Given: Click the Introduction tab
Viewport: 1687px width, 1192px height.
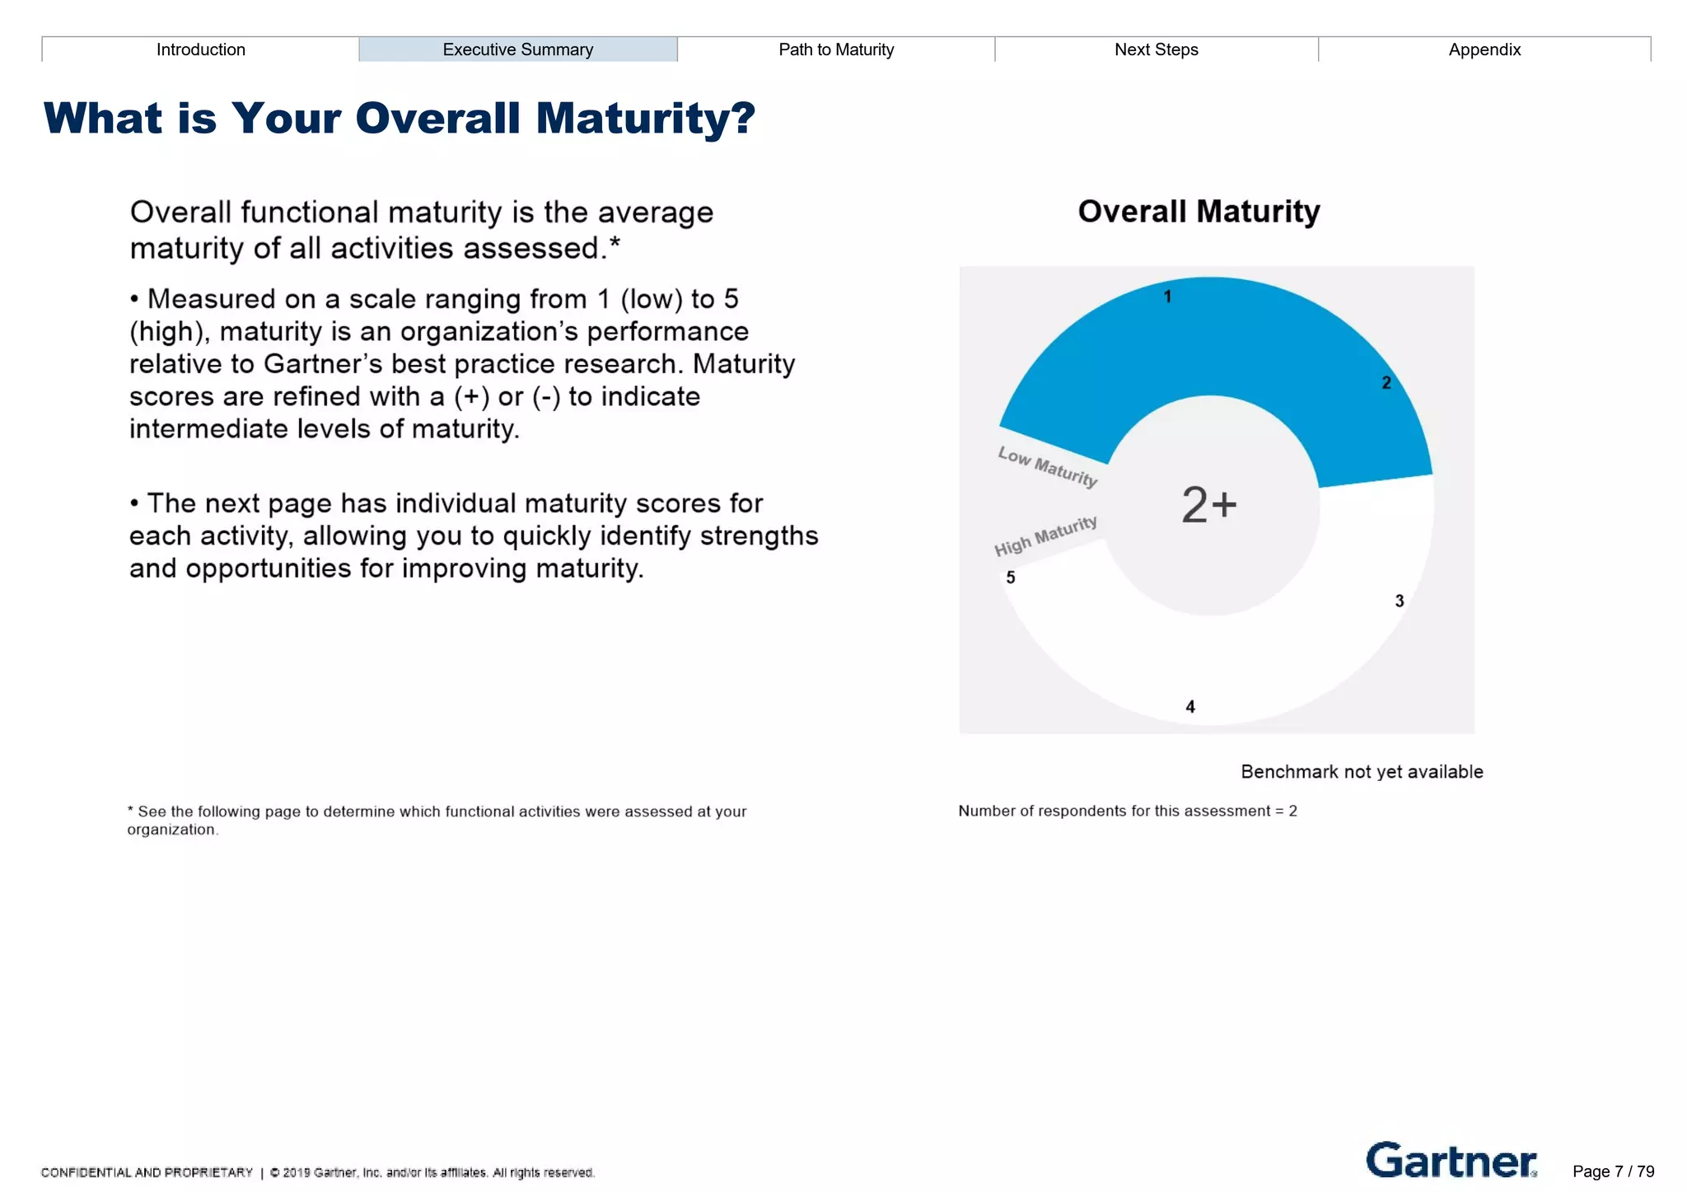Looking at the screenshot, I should point(200,49).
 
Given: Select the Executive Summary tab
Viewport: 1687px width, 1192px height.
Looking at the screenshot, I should point(517,49).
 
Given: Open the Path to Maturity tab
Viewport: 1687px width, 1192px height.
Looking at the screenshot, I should point(835,49).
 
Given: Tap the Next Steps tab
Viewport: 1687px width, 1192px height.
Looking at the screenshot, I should point(1156,49).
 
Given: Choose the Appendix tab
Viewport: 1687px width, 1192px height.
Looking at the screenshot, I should point(1484,49).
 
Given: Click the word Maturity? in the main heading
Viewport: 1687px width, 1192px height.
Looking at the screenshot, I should point(645,118).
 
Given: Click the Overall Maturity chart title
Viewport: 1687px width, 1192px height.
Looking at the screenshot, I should point(1198,212).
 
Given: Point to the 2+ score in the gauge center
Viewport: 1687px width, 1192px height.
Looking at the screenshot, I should point(1208,504).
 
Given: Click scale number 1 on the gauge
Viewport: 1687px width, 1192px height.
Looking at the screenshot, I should point(1167,297).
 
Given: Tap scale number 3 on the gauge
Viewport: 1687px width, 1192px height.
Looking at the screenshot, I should point(1399,601).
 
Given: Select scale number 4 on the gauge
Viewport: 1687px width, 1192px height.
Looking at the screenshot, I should point(1189,706).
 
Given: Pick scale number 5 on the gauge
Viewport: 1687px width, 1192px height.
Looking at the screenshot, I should point(1011,577).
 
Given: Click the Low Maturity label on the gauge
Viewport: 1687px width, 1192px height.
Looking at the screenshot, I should point(1047,466).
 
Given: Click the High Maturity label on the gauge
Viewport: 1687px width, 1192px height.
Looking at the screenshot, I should point(1045,535).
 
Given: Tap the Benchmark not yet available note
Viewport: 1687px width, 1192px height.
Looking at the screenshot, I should point(1361,772).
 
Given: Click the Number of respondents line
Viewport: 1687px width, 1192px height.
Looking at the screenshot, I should point(1127,811).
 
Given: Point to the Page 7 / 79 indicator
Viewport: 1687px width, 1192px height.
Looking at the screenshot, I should point(1612,1171).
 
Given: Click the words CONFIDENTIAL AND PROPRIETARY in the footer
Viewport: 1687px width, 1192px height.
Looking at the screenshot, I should point(147,1172).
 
